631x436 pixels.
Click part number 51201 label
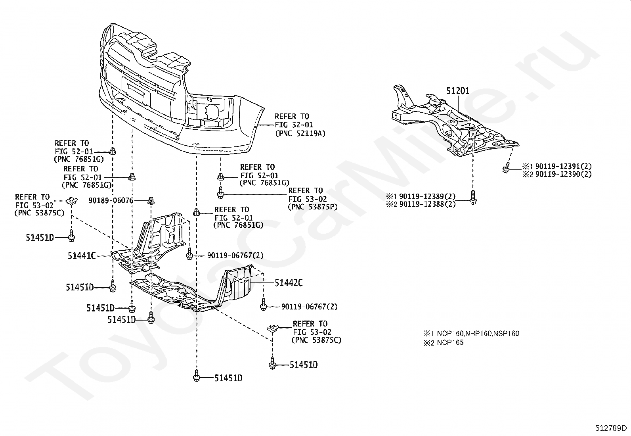[457, 91]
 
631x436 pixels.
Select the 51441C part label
[82, 256]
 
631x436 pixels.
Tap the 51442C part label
[289, 283]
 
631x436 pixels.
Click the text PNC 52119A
[300, 133]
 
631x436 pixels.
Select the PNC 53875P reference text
[313, 207]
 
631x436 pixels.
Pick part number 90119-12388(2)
[427, 204]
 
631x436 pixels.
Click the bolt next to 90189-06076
[151, 200]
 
